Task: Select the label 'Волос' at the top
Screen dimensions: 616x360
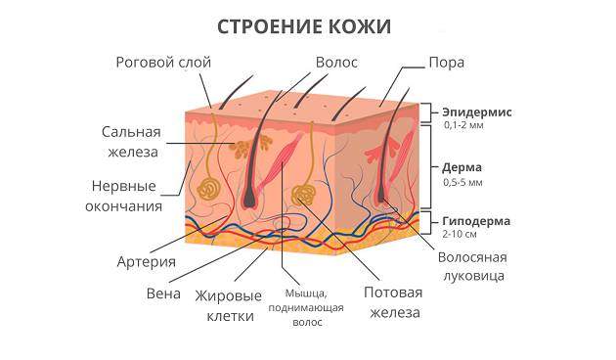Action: pos(335,62)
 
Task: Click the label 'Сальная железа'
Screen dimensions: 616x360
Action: pos(131,141)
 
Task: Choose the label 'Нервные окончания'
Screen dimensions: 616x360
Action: pos(126,196)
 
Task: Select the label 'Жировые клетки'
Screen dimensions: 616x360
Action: pos(229,304)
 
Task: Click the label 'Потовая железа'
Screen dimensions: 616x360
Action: pos(391,303)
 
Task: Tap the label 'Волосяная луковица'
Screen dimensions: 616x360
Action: pos(477,267)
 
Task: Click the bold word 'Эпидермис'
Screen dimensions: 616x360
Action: pos(477,112)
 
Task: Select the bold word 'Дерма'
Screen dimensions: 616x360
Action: pos(462,167)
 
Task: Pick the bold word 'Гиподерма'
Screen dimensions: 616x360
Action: pos(477,221)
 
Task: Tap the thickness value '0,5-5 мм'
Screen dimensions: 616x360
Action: pos(462,182)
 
